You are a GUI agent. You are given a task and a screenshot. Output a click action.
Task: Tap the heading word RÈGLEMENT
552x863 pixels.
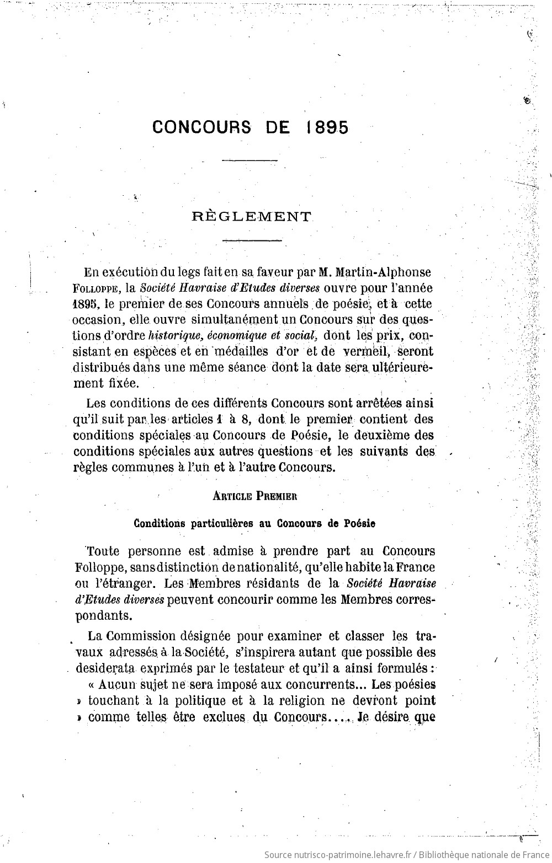pos(252,217)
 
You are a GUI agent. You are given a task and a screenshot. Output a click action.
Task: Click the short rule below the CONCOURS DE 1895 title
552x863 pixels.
pos(249,160)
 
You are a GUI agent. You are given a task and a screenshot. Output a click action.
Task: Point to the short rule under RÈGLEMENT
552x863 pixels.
pos(252,240)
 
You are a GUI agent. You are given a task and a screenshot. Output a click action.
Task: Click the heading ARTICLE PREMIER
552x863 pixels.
pos(255,495)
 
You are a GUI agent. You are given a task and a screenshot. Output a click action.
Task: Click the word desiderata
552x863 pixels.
pos(104,668)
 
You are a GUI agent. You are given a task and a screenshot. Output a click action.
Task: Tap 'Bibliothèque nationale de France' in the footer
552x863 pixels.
pos(481,855)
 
